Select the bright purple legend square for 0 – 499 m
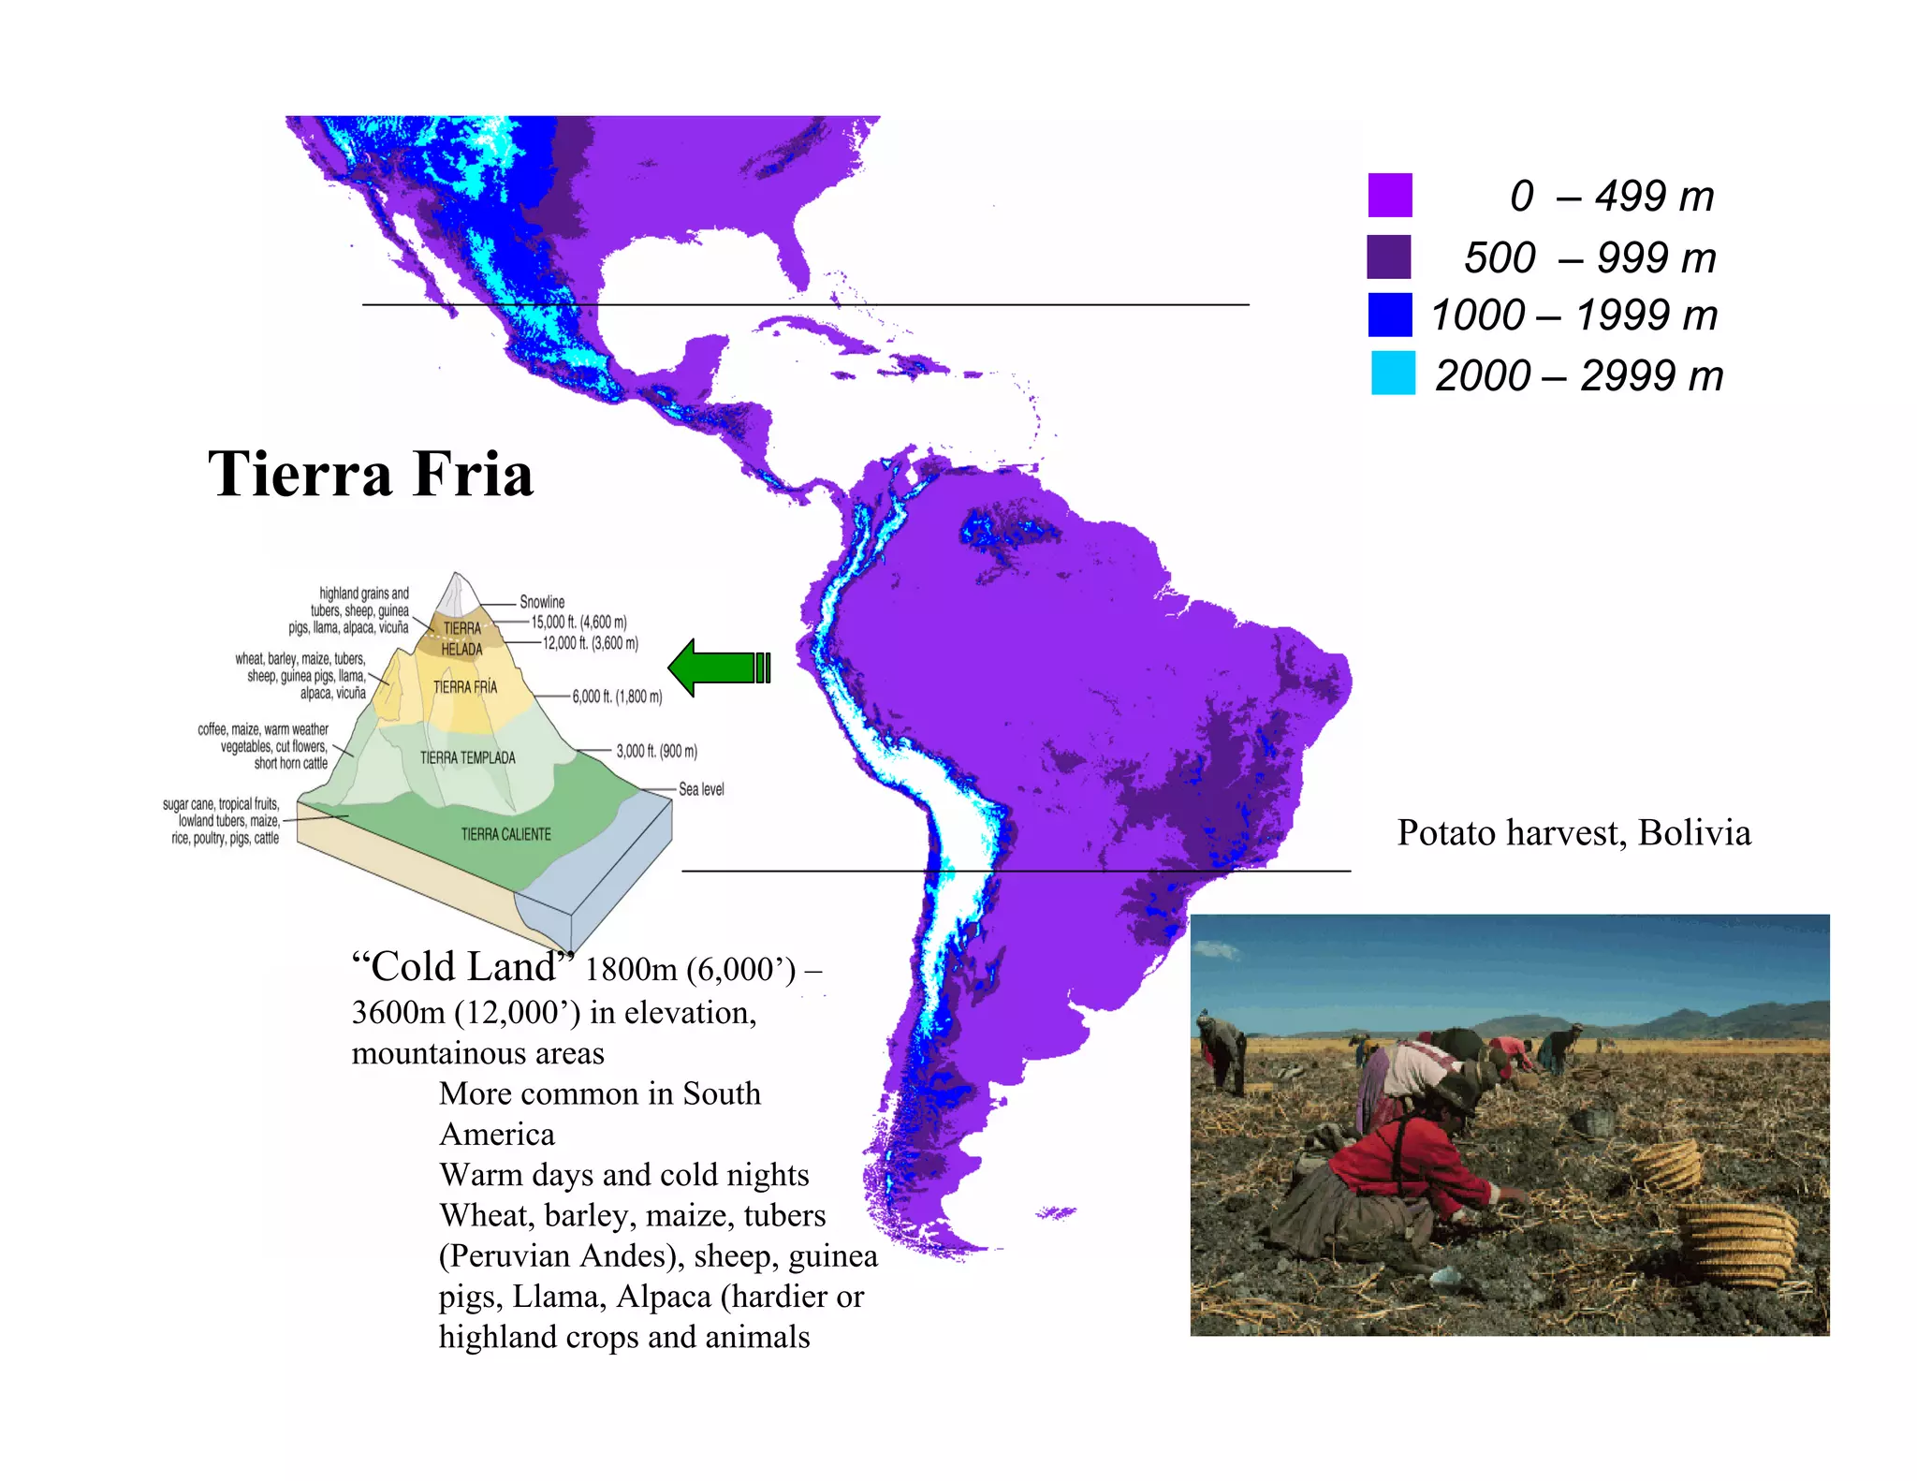[1390, 195]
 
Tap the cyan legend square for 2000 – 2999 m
[1393, 373]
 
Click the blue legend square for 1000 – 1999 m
[1390, 315]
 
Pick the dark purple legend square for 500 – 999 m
[1389, 257]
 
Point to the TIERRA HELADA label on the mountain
[461, 638]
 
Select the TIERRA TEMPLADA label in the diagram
[467, 757]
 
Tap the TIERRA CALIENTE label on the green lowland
[505, 834]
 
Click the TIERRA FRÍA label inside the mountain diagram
[465, 687]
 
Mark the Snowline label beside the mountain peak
[542, 602]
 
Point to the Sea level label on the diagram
[701, 789]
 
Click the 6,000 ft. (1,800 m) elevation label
[617, 697]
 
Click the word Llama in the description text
[559, 1297]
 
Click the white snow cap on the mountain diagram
[456, 596]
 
